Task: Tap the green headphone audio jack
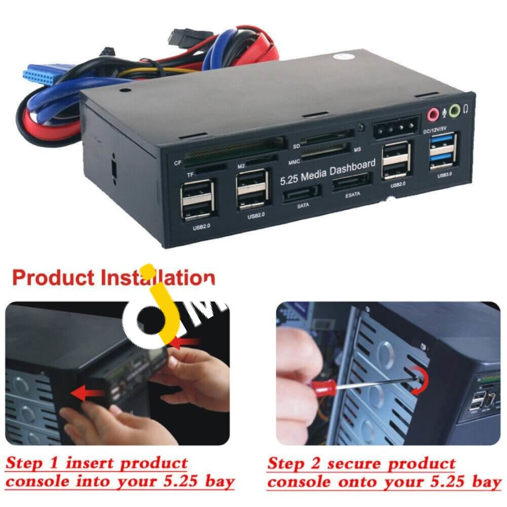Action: (454, 110)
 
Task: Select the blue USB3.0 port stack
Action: (443, 151)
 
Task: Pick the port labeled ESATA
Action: (351, 183)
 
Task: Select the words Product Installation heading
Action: (113, 278)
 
